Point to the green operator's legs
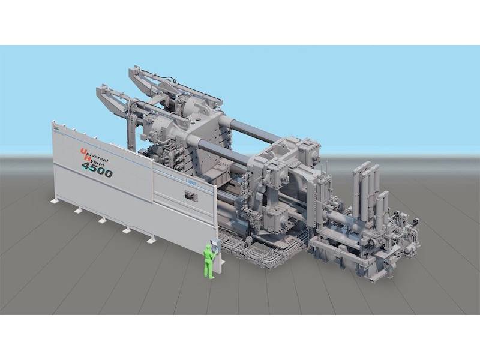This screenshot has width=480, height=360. click(209, 270)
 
